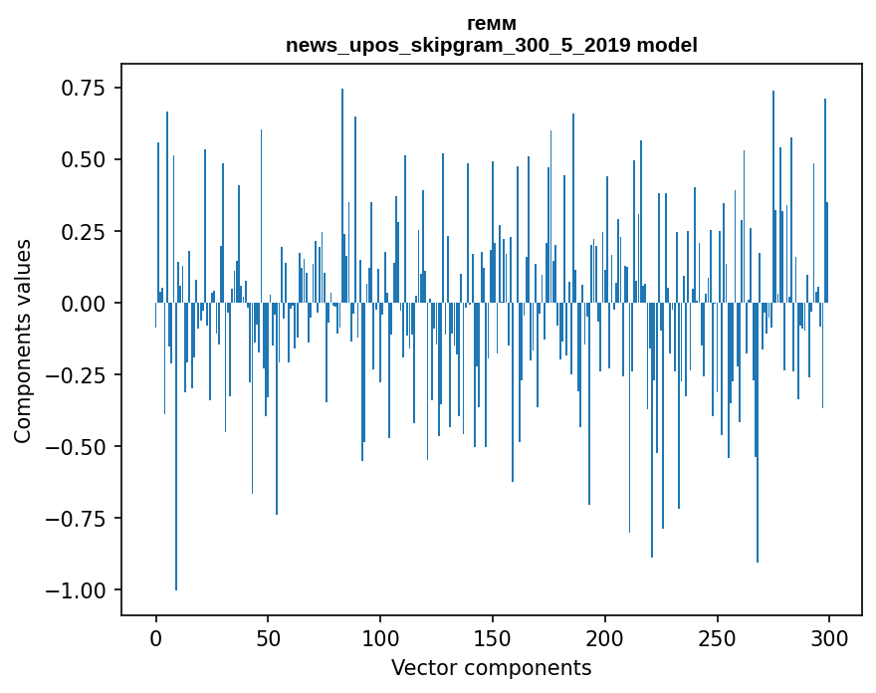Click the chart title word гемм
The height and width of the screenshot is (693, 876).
point(491,24)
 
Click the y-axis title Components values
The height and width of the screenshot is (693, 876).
point(23,341)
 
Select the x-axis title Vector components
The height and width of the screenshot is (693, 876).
point(491,668)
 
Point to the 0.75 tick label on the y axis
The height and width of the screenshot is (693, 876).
point(84,89)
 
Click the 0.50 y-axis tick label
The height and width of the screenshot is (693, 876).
point(84,160)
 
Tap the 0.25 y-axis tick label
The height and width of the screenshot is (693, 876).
point(84,232)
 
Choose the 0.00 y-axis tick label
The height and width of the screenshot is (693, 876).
point(84,304)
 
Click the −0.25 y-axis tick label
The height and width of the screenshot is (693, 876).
point(77,375)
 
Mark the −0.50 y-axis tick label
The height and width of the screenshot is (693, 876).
point(77,447)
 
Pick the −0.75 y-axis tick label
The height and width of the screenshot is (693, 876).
point(77,519)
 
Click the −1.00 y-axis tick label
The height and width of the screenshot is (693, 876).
point(77,590)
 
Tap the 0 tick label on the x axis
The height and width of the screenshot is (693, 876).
point(156,639)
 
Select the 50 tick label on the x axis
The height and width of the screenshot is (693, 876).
point(268,639)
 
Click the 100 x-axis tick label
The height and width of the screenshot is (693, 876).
point(380,639)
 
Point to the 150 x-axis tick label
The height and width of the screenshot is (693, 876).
point(493,639)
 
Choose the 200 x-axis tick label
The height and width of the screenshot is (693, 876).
point(604,639)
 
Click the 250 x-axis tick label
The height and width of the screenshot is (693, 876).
point(717,639)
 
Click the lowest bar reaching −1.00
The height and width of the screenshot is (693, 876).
point(176,498)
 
